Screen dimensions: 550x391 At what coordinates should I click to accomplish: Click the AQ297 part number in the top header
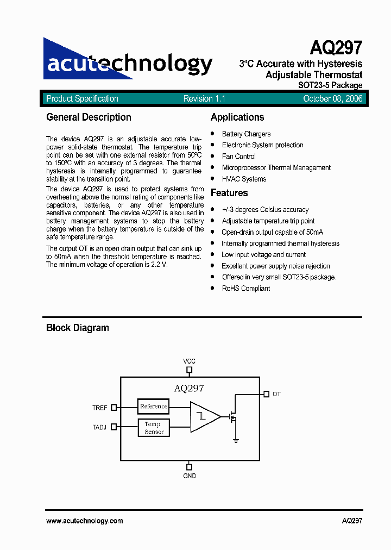coord(337,48)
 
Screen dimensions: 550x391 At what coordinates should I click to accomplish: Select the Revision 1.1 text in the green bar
coord(204,99)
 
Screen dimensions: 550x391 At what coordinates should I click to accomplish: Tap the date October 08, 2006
coord(332,99)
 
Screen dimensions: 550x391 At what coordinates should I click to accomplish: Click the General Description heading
coord(89,117)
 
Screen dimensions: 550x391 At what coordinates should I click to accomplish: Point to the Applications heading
coord(237,117)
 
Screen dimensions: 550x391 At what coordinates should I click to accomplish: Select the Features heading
coord(229,193)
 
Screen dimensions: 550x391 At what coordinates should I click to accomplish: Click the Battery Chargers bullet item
coord(246,134)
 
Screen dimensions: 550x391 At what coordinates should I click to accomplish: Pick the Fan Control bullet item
coord(238,157)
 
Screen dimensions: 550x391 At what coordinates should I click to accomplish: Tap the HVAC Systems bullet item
coord(244,179)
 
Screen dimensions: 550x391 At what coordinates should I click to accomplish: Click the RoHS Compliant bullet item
coord(245,289)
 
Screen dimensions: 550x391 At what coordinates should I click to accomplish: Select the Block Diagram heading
coord(78,328)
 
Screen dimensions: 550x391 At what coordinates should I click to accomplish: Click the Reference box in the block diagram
coord(154,406)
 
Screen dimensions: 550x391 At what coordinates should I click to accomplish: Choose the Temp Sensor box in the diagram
coord(154,428)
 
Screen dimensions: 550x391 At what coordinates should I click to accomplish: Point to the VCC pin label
coord(189,361)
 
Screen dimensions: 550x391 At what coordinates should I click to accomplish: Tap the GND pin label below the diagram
coord(189,476)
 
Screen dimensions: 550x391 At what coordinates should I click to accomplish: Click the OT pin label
coord(276,394)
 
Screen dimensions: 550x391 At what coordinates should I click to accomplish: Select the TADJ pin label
coord(99,428)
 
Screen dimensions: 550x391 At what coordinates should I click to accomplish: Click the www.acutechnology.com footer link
coord(85,521)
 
